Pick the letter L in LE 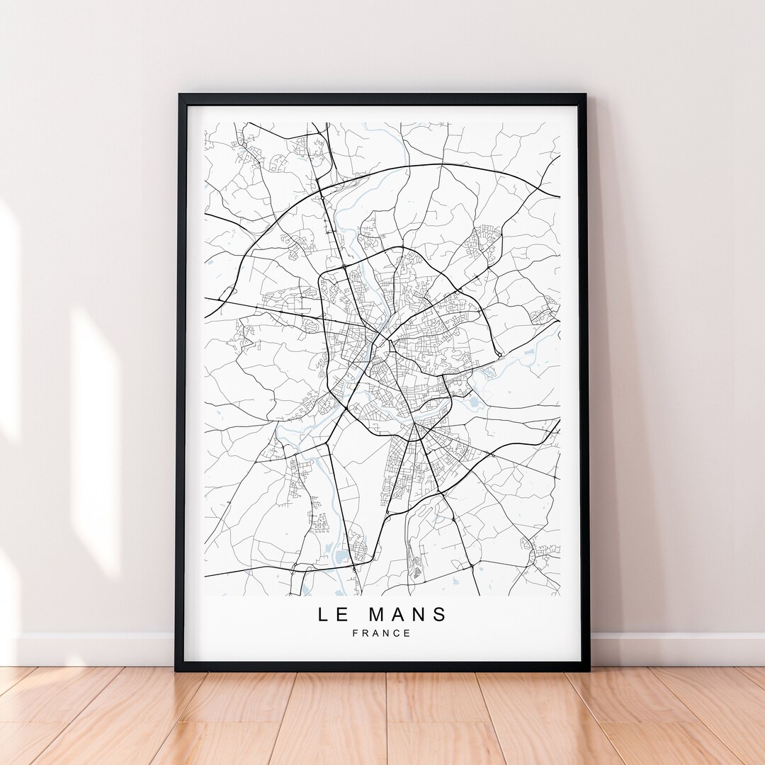tap(323, 614)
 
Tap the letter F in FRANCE tap(355, 633)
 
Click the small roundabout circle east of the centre tap(499, 353)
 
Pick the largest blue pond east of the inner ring tap(472, 403)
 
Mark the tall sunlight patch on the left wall tap(96, 439)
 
